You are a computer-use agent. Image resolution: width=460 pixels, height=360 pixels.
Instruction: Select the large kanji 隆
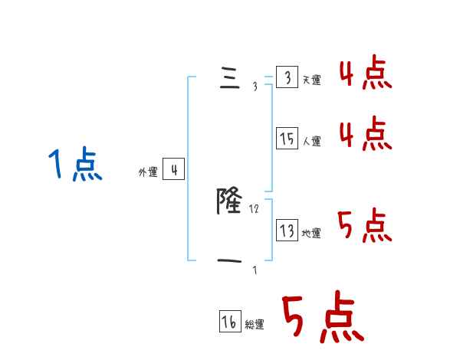230,201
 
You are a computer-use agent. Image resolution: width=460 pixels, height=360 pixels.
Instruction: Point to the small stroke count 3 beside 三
255,87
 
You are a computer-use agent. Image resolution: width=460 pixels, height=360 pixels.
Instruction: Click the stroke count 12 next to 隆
255,208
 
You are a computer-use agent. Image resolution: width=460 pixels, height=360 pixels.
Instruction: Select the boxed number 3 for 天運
286,78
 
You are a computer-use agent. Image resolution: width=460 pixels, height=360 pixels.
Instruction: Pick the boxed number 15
287,139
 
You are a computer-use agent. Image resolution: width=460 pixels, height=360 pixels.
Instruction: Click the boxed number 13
287,231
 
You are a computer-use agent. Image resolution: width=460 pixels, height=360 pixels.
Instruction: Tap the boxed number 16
230,322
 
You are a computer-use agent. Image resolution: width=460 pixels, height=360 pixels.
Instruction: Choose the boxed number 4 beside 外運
173,169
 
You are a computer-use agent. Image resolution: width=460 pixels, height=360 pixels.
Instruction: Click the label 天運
312,80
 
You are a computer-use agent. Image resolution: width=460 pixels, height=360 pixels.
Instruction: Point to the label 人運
312,141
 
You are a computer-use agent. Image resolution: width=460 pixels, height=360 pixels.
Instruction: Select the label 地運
312,233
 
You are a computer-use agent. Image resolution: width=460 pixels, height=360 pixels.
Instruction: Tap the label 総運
255,325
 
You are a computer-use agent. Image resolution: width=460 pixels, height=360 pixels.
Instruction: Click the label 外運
148,172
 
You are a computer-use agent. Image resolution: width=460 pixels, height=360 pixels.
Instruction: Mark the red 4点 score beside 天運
366,74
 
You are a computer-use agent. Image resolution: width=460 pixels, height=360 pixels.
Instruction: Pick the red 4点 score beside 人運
366,135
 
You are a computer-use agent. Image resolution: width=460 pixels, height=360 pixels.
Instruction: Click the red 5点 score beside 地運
365,227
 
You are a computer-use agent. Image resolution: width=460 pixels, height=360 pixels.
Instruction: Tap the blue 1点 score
75,165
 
